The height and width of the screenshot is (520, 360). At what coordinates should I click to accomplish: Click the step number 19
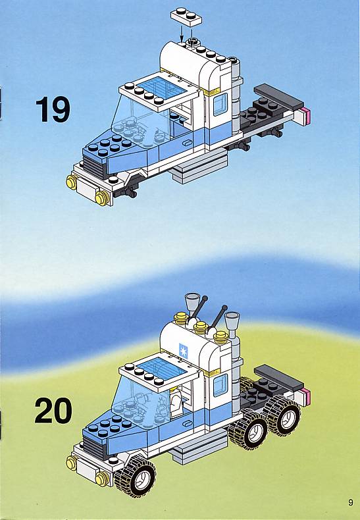(x=53, y=110)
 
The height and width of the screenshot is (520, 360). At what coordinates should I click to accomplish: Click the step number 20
(x=53, y=411)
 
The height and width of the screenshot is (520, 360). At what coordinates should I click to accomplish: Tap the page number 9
(x=351, y=502)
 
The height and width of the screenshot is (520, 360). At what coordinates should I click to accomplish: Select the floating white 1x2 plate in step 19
(x=186, y=16)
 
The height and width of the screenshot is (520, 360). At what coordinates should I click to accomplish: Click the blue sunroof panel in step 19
(x=162, y=88)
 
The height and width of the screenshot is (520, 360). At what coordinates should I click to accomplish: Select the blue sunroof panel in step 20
(x=162, y=368)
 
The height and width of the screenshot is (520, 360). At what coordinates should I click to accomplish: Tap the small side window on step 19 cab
(x=220, y=104)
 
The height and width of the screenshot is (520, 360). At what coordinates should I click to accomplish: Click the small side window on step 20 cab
(x=220, y=385)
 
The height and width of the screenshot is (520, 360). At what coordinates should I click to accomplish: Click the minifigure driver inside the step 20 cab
(x=176, y=402)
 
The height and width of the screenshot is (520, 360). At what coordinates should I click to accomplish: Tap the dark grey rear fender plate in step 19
(x=278, y=96)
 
